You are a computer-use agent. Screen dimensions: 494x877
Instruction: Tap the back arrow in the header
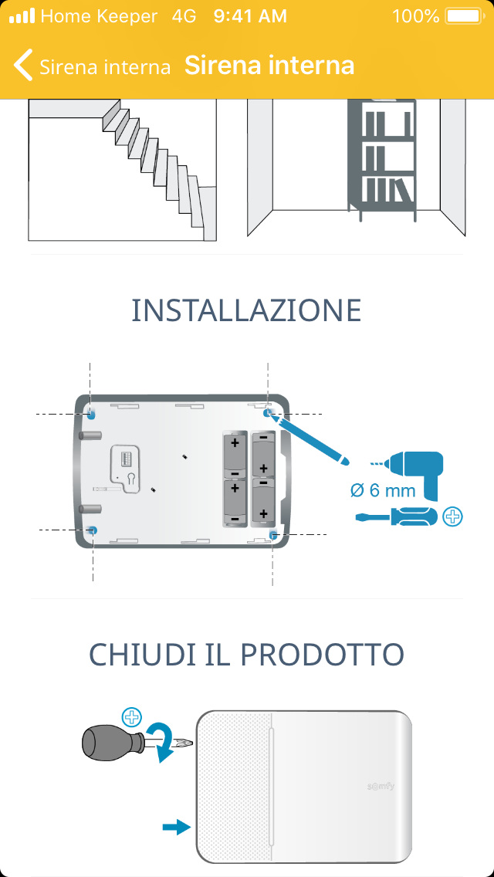click(23, 66)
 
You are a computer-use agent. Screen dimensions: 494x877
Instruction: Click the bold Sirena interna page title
click(269, 66)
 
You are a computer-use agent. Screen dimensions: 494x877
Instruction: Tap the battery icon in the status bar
click(463, 16)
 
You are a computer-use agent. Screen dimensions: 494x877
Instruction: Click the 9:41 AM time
click(250, 16)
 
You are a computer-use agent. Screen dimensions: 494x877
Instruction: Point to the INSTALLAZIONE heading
click(246, 310)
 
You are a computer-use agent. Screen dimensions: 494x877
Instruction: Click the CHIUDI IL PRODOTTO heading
click(246, 655)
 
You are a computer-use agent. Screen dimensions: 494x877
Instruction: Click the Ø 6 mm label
click(383, 490)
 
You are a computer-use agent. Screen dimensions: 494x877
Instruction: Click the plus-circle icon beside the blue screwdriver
click(452, 516)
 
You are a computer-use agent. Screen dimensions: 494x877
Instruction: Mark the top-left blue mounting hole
click(91, 413)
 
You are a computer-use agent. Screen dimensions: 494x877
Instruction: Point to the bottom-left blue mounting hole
click(93, 530)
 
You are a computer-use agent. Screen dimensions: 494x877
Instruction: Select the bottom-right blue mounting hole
click(273, 535)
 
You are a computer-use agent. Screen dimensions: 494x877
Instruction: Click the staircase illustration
click(123, 170)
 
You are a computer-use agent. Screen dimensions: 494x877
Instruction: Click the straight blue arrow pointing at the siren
click(177, 827)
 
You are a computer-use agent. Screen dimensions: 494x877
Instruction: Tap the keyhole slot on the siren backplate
click(130, 479)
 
